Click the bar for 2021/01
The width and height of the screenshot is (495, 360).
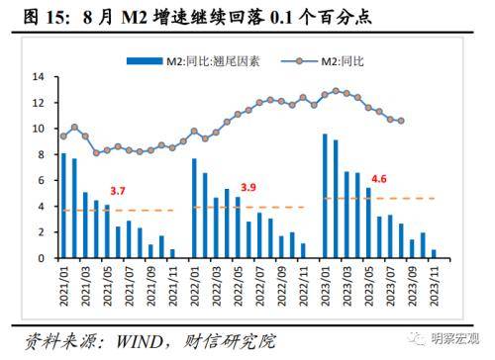pos(64,207)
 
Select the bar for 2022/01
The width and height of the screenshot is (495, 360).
pos(194,209)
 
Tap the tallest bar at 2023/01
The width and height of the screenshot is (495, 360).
pos(324,197)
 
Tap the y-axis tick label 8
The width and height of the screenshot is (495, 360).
pos(41,154)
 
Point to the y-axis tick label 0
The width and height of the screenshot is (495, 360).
pos(41,258)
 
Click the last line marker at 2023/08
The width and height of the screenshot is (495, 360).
pos(400,122)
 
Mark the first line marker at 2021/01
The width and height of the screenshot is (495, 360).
pos(64,136)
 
